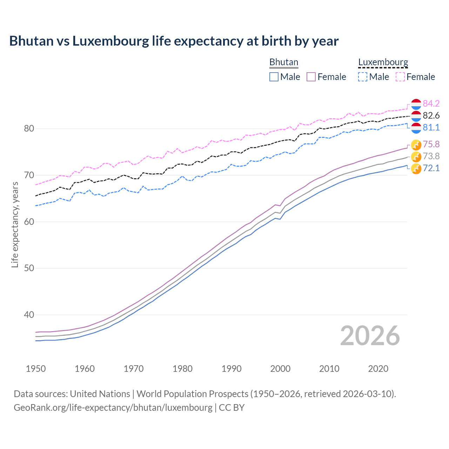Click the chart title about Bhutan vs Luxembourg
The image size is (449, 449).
(x=174, y=41)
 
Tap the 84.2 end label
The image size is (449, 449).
(x=431, y=103)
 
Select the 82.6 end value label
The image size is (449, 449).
(x=431, y=115)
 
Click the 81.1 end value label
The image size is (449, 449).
(x=431, y=127)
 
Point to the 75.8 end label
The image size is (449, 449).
(x=431, y=144)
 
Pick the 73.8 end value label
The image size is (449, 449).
(x=431, y=156)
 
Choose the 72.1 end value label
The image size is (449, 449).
(x=431, y=168)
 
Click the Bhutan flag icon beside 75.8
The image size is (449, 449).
(x=416, y=145)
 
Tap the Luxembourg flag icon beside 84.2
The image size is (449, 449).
(x=416, y=104)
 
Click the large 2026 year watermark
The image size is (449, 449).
(x=370, y=336)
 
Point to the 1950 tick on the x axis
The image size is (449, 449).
(x=36, y=369)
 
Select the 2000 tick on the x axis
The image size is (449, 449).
(x=280, y=369)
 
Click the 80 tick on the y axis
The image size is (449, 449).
(x=29, y=129)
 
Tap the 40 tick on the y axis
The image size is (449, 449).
(x=29, y=315)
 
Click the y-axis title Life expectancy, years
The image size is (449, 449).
(x=15, y=224)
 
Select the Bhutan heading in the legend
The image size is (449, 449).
(x=283, y=62)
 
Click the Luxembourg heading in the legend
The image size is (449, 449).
(x=383, y=62)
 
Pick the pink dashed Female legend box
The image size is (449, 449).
(x=400, y=77)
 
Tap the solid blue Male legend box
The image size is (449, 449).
(x=274, y=77)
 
